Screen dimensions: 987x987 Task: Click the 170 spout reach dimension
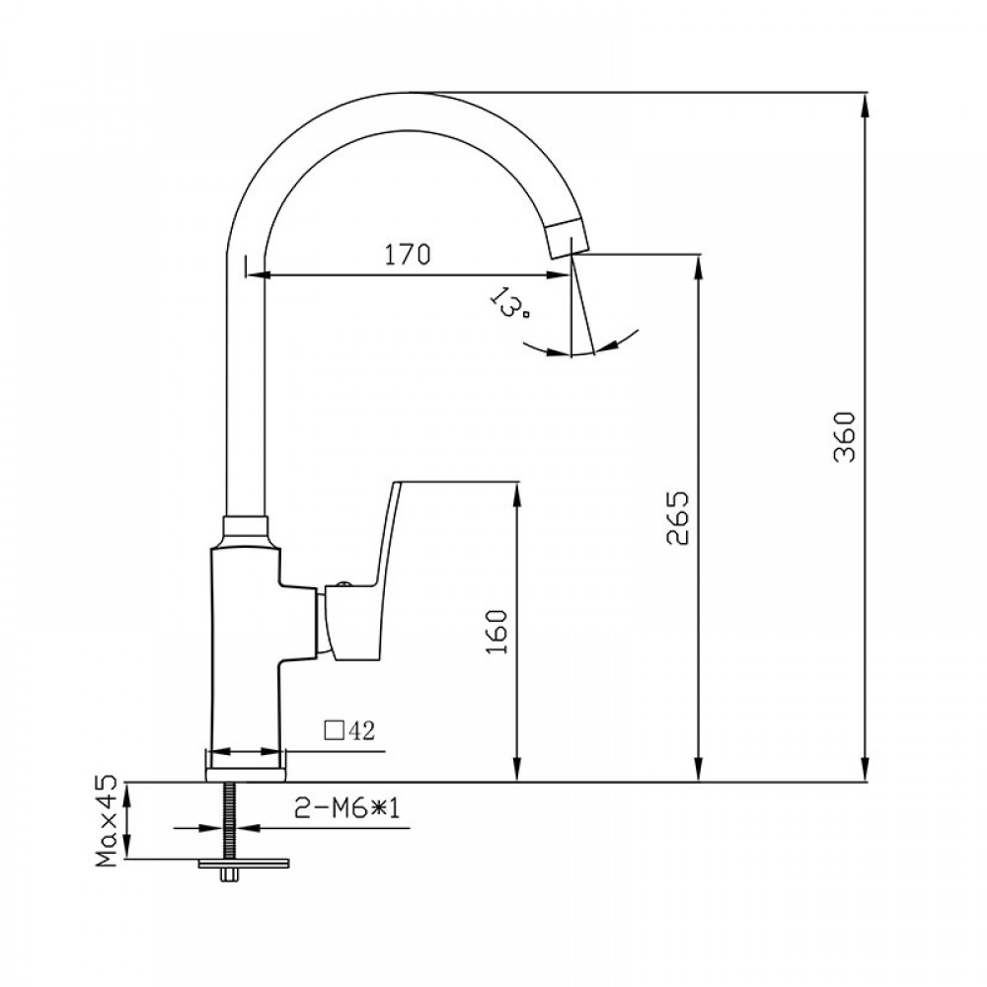point(408,255)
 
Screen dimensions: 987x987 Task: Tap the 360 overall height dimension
point(845,437)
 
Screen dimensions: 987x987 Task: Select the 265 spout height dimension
point(678,518)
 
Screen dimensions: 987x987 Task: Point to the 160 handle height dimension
point(497,632)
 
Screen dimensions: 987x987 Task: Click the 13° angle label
point(508,303)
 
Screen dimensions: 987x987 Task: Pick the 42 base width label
point(360,730)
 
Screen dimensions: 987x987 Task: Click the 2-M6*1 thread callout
point(347,808)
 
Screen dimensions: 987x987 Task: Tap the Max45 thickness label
point(107,819)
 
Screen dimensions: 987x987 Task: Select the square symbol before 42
point(334,730)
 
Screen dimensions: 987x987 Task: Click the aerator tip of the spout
point(569,237)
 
